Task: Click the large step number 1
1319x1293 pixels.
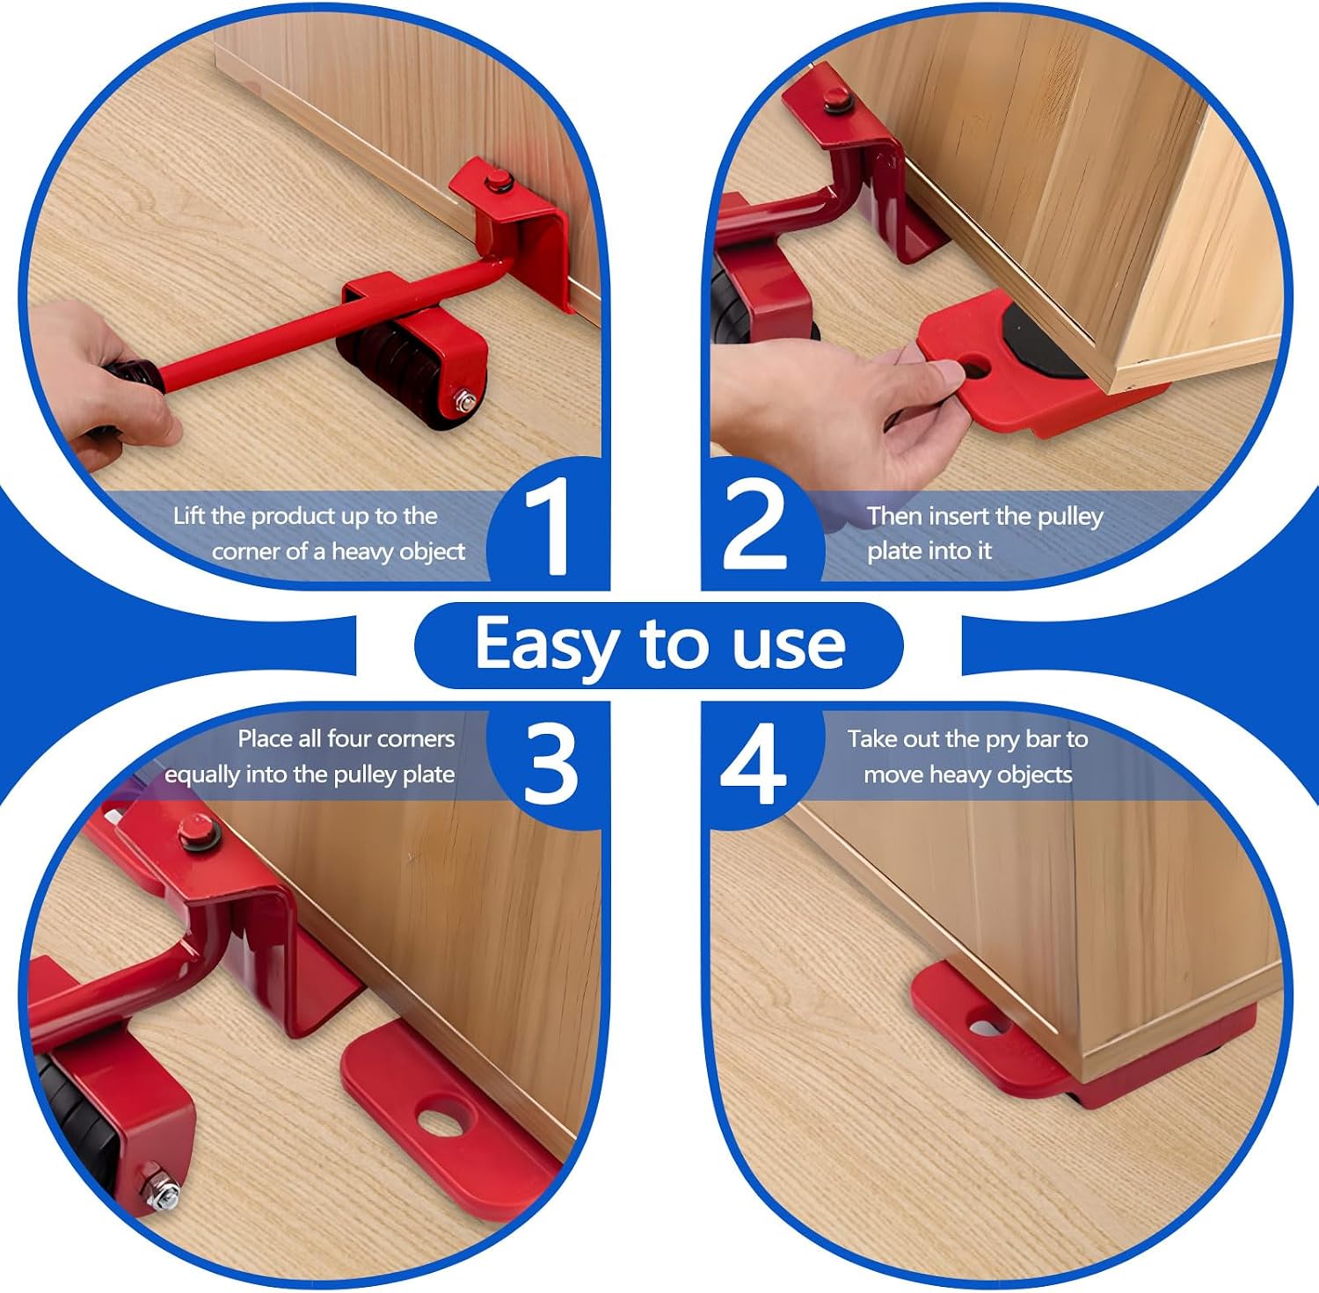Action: [547, 528]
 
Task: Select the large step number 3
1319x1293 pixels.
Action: [550, 763]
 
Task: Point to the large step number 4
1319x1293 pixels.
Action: [753, 763]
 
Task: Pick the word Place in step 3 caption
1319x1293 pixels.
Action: [266, 738]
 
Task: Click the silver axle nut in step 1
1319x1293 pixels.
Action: [466, 402]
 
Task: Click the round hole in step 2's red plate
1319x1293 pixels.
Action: [975, 367]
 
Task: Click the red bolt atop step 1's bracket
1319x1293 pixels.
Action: [499, 182]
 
